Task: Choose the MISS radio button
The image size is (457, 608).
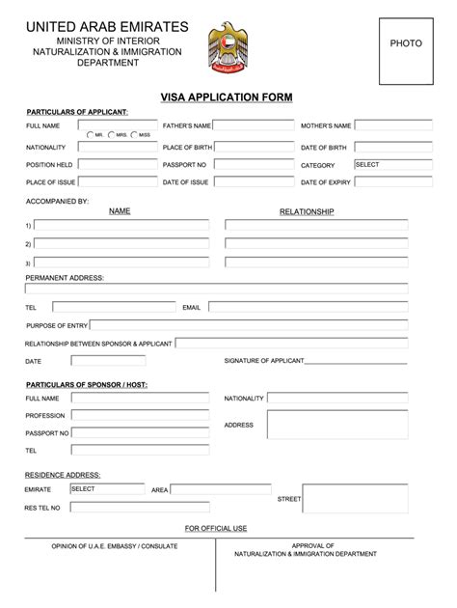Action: point(133,135)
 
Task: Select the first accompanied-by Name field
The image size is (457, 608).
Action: point(121,225)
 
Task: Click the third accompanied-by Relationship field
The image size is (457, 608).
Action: point(316,262)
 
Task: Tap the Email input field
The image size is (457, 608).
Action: point(307,307)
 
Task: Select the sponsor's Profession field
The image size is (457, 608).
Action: point(140,416)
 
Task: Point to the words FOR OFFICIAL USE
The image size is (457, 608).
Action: point(216,528)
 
